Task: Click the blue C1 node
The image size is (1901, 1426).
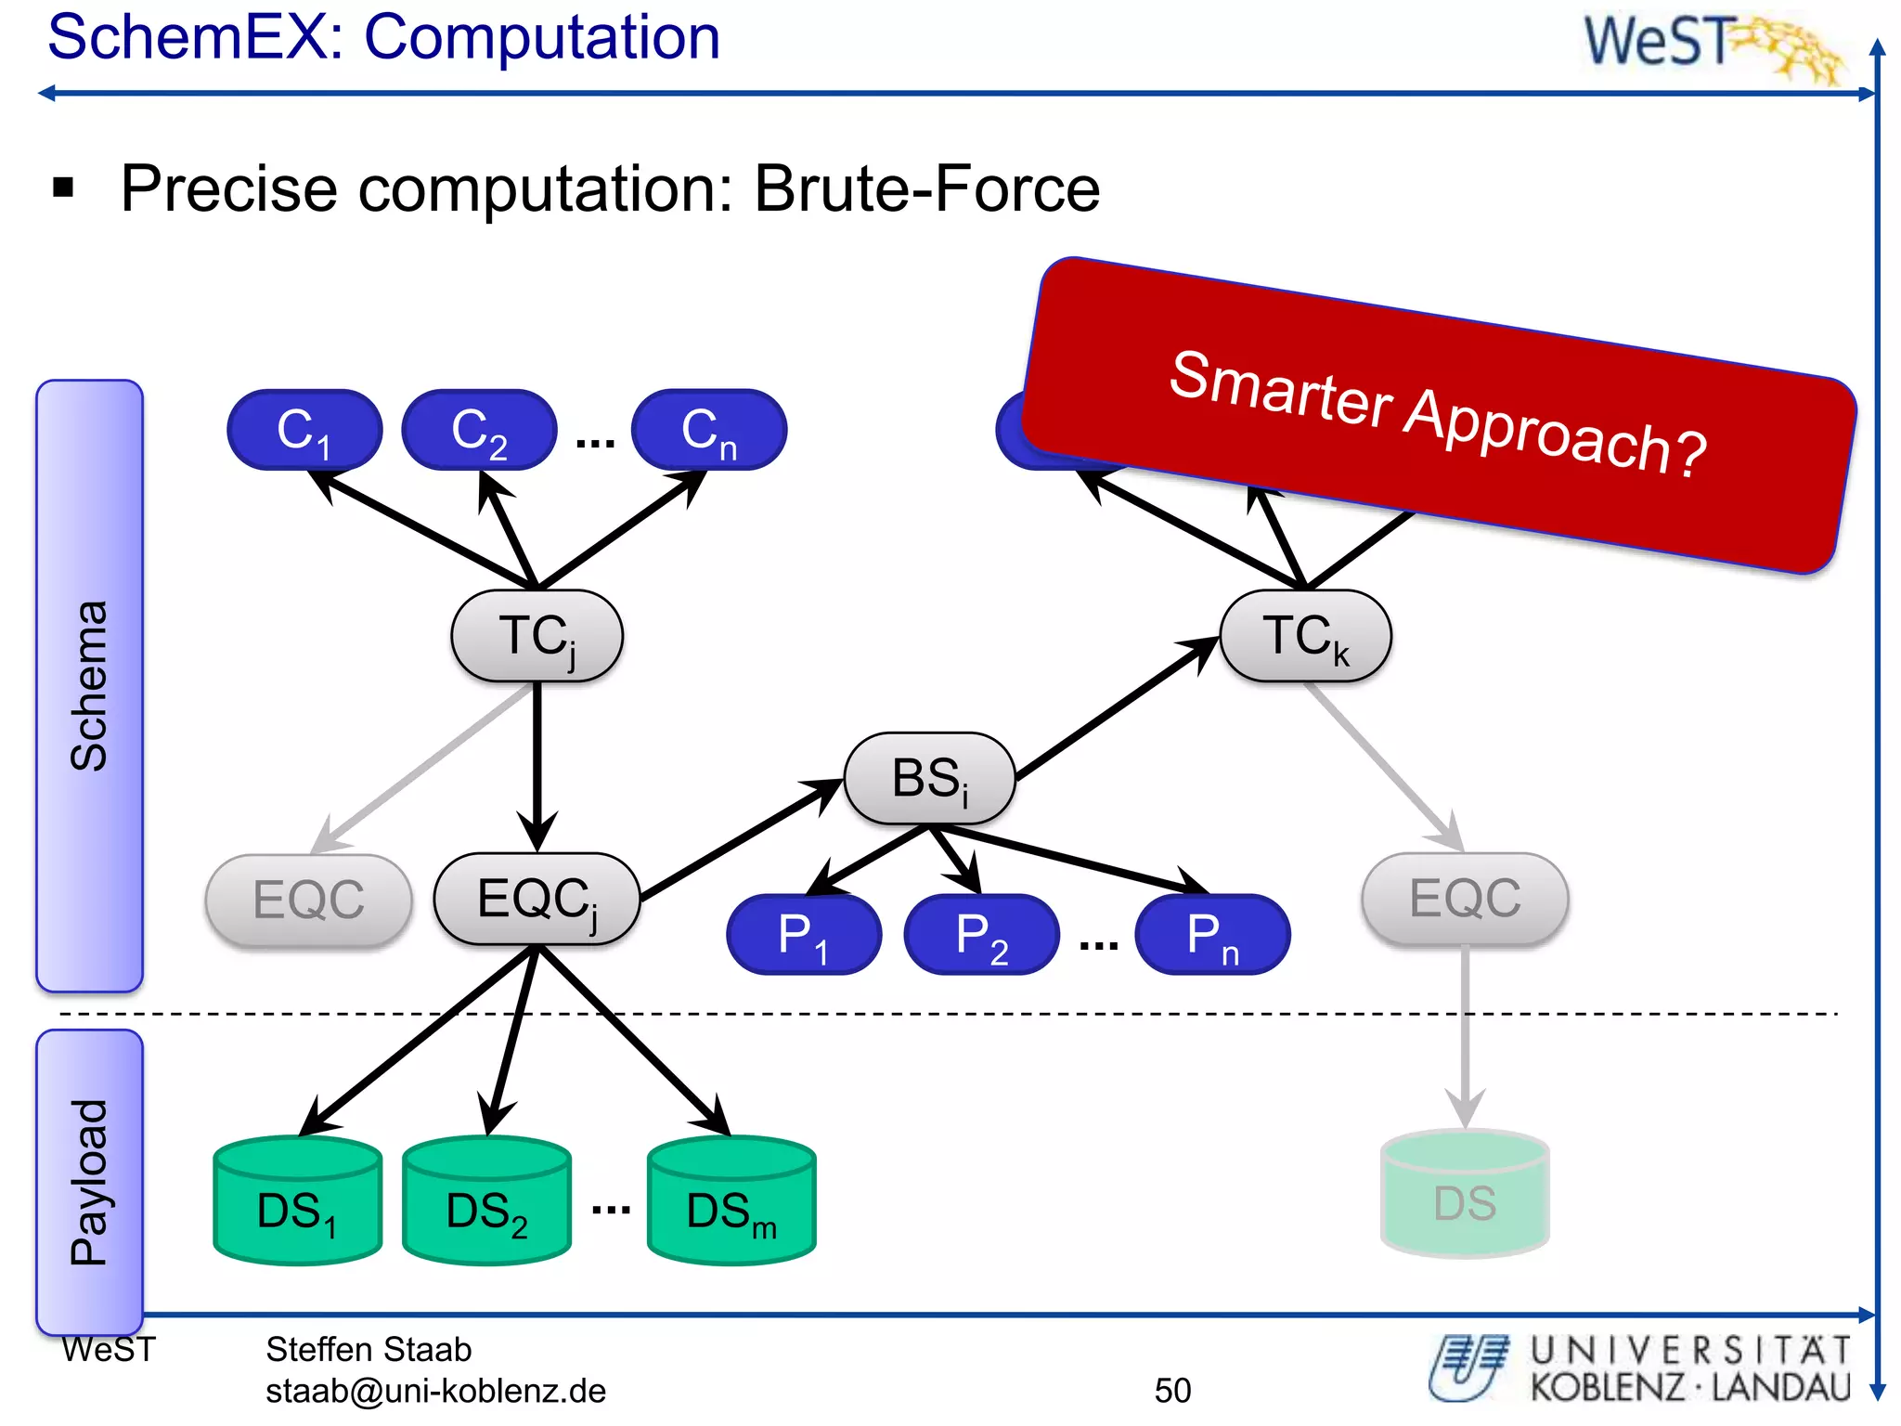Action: coord(304,430)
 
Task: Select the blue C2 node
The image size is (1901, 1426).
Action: coord(479,430)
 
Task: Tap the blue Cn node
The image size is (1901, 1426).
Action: coord(709,430)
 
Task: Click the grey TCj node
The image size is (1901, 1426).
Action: coord(537,636)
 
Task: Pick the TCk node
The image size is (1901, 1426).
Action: coord(1305,636)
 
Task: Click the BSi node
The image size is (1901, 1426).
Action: coord(929,778)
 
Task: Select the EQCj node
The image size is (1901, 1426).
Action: coord(537,899)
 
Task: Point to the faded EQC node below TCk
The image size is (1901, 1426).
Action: coord(1465,899)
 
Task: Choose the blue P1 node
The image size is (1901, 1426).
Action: coord(804,935)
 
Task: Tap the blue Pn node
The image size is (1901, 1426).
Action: coord(1212,935)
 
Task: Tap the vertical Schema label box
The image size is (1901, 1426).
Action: coord(89,685)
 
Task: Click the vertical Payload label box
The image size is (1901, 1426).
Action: coord(89,1181)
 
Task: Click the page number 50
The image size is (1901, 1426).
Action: coord(1172,1390)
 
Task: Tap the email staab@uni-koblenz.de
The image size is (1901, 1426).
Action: coord(435,1391)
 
